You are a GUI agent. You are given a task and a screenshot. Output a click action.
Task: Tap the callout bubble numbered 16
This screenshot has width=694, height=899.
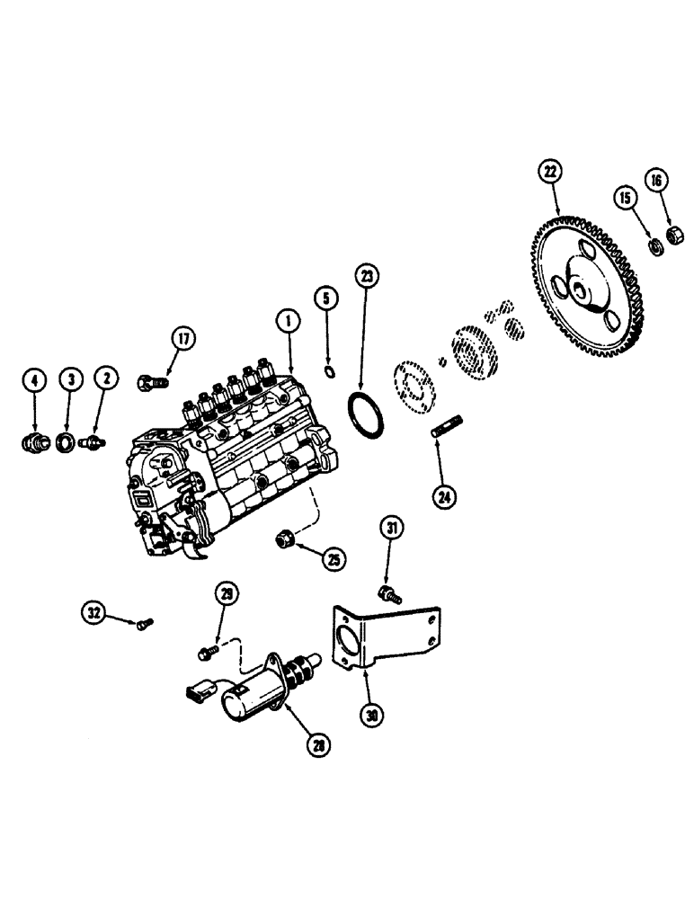pyautogui.click(x=655, y=180)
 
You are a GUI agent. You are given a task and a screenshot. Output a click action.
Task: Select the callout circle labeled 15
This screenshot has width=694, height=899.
pyautogui.click(x=625, y=195)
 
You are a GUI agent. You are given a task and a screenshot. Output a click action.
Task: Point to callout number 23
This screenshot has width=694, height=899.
pyautogui.click(x=364, y=275)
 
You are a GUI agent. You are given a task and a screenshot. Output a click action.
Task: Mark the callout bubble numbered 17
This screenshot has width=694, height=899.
pyautogui.click(x=183, y=339)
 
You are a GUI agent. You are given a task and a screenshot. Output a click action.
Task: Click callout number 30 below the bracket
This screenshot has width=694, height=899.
pyautogui.click(x=369, y=717)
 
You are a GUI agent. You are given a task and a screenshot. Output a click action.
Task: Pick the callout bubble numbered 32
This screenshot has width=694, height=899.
pyautogui.click(x=94, y=614)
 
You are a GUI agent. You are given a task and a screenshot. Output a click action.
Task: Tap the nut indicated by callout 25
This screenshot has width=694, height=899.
pyautogui.click(x=283, y=539)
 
